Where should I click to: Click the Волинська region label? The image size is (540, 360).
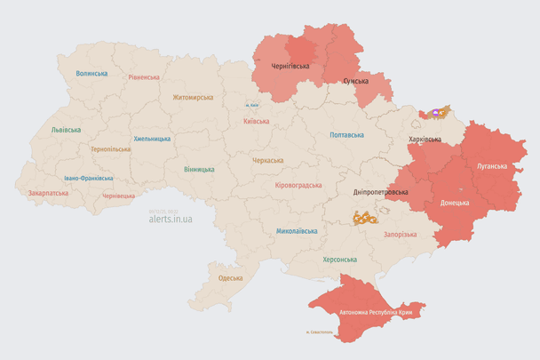tap(91, 74)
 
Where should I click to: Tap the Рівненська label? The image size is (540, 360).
tap(143, 78)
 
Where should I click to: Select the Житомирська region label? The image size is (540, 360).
tap(192, 97)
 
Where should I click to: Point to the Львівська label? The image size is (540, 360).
tap(66, 130)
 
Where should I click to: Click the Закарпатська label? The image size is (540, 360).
tap(48, 192)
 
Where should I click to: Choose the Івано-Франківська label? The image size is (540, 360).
tap(87, 178)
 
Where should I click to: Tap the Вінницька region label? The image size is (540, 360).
tap(199, 169)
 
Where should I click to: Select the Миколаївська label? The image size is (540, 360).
tap(297, 231)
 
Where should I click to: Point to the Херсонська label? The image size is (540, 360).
tap(339, 260)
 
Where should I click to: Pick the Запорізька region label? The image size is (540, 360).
tap(399, 234)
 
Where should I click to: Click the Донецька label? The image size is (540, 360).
tap(456, 203)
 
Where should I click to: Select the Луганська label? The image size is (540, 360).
tap(492, 166)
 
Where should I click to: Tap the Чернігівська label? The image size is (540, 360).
tap(290, 66)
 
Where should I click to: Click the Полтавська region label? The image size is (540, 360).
tap(346, 135)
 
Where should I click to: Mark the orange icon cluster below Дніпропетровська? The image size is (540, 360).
tap(364, 217)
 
